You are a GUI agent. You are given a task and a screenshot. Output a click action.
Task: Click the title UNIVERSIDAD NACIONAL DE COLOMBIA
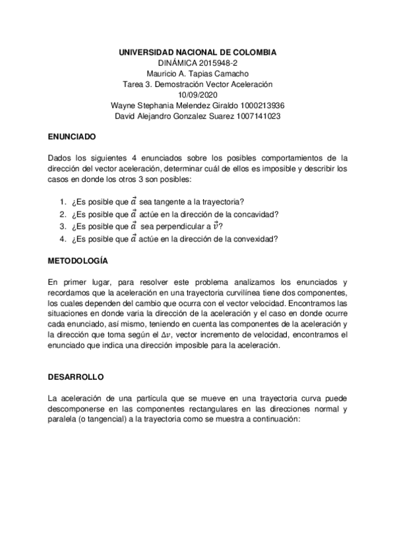tap(197, 51)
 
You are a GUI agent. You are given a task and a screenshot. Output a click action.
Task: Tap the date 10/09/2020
tap(197, 95)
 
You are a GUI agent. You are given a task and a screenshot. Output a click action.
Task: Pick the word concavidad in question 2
tap(256, 214)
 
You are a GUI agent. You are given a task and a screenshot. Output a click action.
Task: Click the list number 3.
tap(62, 226)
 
